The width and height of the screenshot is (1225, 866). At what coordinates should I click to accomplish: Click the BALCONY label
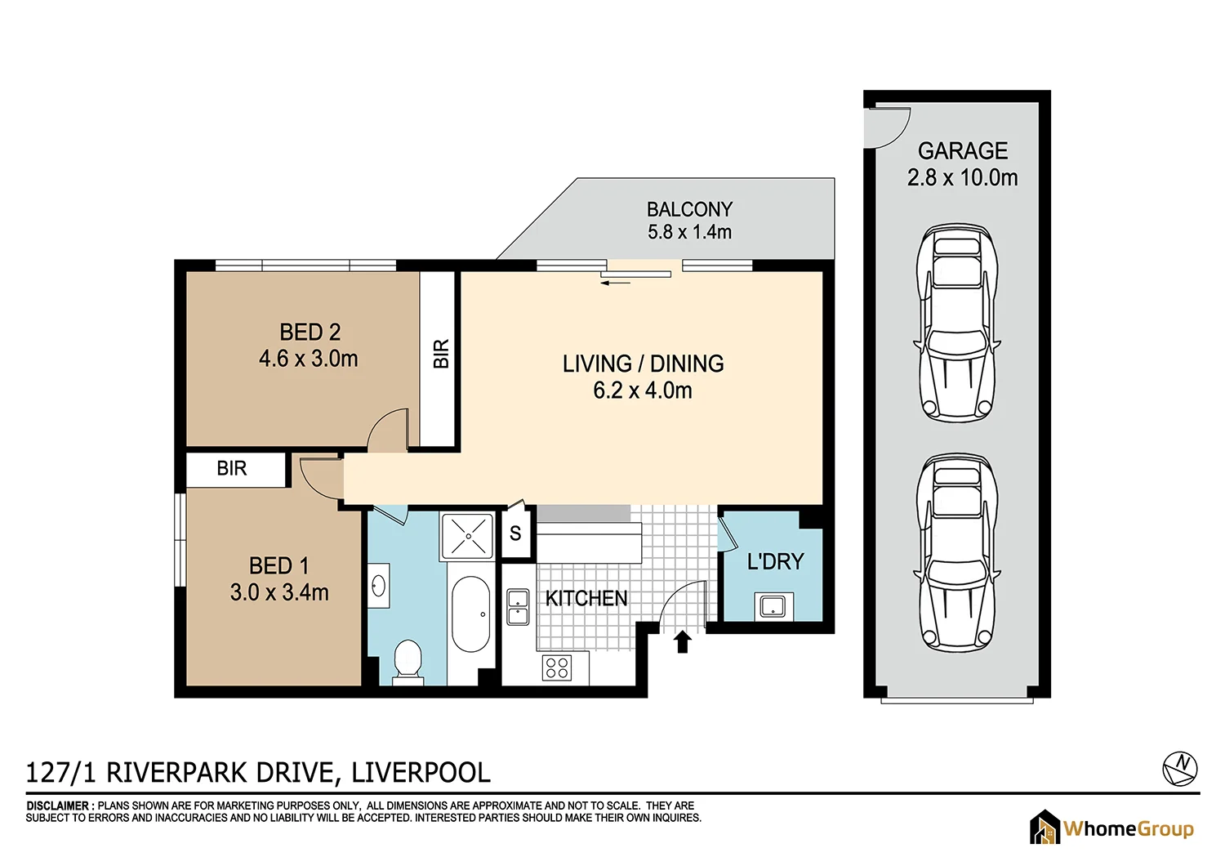coord(689,209)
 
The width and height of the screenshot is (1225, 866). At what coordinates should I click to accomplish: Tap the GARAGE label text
coord(963,151)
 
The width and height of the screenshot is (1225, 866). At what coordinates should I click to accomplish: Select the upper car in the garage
coord(957,323)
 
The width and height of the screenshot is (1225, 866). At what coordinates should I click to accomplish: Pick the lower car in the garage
coord(957,553)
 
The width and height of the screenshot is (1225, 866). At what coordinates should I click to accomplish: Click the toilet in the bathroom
coord(408,662)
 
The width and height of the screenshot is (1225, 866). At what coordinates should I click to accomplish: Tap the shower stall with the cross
coord(468,536)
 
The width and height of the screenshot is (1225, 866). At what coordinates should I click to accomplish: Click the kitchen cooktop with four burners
coord(557,667)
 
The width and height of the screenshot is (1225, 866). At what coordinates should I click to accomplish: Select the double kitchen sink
coord(517,607)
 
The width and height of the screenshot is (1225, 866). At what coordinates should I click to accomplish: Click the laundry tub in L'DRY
coord(773,607)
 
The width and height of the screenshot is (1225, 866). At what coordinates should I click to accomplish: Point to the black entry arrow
coord(682,641)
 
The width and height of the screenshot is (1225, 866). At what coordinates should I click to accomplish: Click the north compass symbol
coord(1179,769)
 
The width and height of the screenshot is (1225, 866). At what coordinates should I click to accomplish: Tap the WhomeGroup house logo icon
coord(1045,827)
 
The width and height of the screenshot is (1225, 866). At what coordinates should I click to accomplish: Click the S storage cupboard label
coord(515,533)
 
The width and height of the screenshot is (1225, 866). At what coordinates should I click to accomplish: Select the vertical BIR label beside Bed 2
coord(441,354)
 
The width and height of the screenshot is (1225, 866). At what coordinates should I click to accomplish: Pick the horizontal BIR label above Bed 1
coord(232,468)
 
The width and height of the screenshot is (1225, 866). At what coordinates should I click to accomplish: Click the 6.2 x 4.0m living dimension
coord(643,391)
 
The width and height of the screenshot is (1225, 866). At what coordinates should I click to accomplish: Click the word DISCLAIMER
coord(58,806)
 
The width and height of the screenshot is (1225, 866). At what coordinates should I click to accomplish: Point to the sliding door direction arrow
coord(615,283)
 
